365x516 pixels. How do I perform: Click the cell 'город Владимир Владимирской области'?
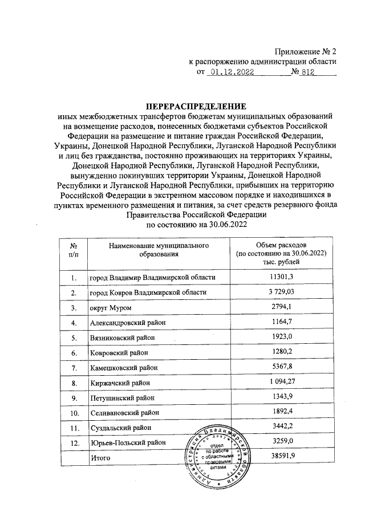[x=152, y=278]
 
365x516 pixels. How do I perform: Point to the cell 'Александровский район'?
[x=128, y=323]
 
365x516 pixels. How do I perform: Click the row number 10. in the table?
[x=74, y=412]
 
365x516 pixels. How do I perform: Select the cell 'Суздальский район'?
[x=120, y=427]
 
